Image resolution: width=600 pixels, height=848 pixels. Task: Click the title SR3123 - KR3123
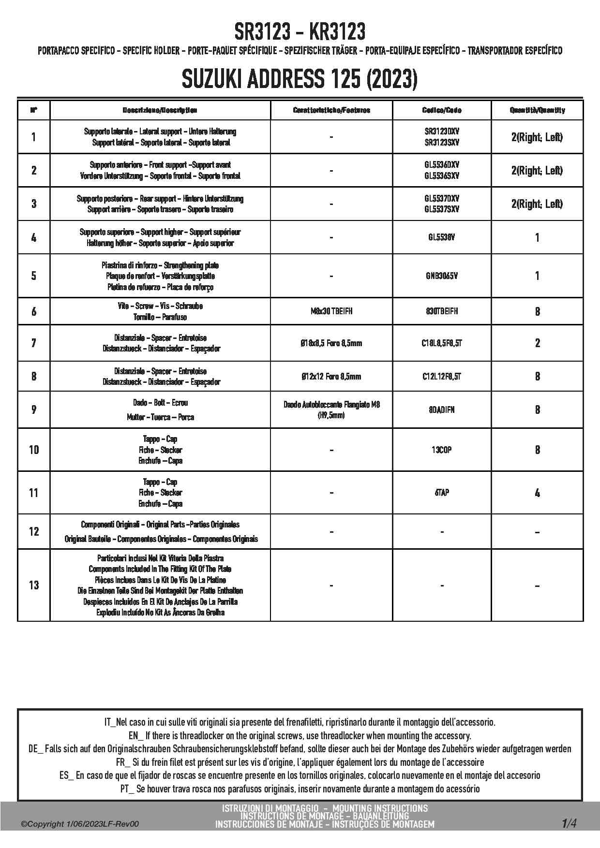pyautogui.click(x=300, y=32)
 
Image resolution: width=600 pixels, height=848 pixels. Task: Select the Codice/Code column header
pyautogui.click(x=441, y=110)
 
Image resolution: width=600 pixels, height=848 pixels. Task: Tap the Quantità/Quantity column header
pyautogui.click(x=537, y=110)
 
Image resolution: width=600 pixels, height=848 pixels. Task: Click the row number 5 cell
pyautogui.click(x=33, y=276)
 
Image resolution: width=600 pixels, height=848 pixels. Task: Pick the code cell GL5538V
pyautogui.click(x=441, y=237)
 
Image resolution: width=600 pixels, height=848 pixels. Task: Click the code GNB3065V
pyautogui.click(x=441, y=276)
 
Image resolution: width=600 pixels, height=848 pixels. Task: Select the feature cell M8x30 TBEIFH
pyautogui.click(x=331, y=311)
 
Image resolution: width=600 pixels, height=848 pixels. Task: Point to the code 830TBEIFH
pyautogui.click(x=441, y=311)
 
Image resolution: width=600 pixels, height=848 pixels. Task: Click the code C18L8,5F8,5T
pyautogui.click(x=441, y=343)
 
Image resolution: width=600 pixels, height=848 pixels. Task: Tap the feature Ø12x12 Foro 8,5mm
pyautogui.click(x=331, y=377)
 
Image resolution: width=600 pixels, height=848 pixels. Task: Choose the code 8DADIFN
pyautogui.click(x=441, y=410)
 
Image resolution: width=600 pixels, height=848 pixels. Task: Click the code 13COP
pyautogui.click(x=441, y=450)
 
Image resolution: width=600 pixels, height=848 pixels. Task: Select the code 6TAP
pyautogui.click(x=441, y=493)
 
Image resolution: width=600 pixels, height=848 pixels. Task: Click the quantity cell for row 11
pyautogui.click(x=537, y=493)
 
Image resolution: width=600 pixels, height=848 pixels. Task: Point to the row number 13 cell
pyautogui.click(x=33, y=585)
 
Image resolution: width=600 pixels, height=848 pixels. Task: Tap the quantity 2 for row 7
pyautogui.click(x=537, y=343)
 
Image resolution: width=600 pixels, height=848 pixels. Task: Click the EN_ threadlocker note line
pyautogui.click(x=300, y=736)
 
